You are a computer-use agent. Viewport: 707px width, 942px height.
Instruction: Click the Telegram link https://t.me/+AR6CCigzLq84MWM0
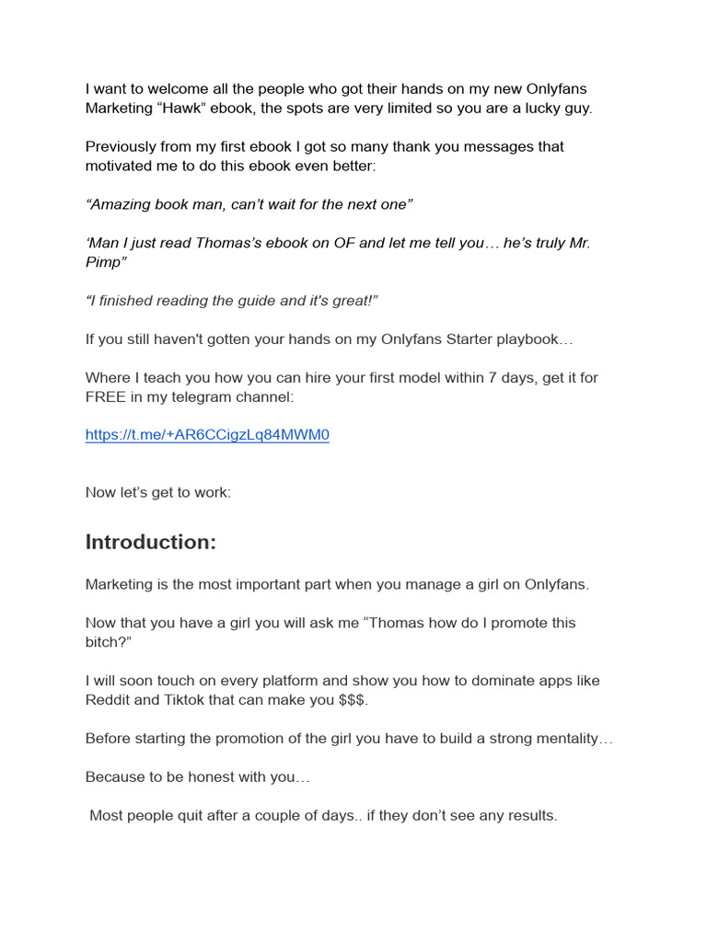[207, 435]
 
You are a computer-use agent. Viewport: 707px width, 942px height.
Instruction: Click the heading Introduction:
[150, 543]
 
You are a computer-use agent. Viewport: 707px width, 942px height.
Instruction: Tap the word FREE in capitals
[108, 396]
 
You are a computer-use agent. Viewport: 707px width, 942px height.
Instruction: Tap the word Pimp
[105, 262]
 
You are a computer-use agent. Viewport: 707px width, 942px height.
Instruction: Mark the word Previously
[123, 147]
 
